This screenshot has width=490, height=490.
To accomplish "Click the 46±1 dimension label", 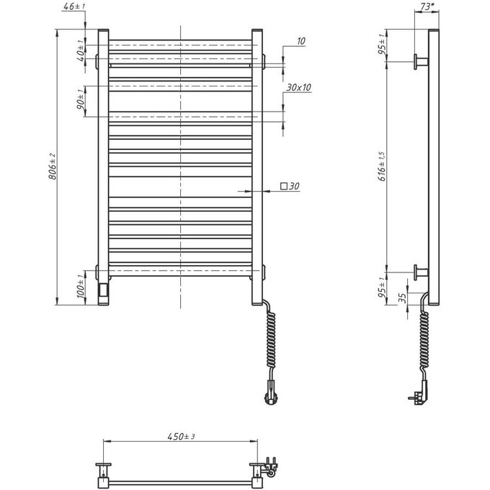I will pos(73,6).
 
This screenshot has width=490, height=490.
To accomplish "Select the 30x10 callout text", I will pos(298,87).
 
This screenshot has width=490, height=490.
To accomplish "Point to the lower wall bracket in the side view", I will pos(420,272).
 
